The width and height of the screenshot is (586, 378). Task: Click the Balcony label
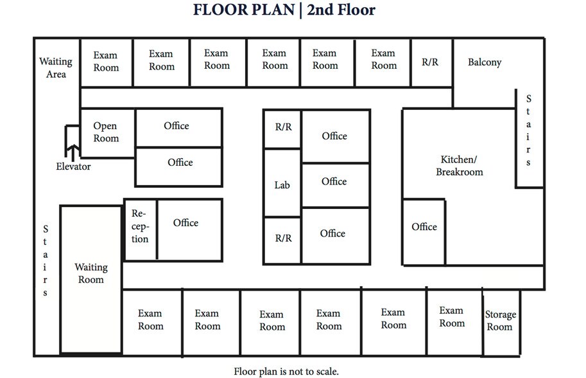[x=484, y=62]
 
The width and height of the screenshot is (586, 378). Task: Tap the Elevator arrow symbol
[x=73, y=152]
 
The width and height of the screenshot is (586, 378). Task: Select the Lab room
[x=282, y=184]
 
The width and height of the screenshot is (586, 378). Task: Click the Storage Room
[x=500, y=320]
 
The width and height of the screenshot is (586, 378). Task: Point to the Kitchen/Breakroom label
[x=459, y=165]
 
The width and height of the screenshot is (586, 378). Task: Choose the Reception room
[x=141, y=226]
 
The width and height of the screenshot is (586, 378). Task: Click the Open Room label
[x=106, y=132]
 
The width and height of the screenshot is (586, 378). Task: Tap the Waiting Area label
[x=56, y=67]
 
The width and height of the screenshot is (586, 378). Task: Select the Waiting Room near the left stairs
[x=90, y=273]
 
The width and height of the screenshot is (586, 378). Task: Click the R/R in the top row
[x=430, y=62]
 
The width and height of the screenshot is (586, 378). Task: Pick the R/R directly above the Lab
[x=283, y=127]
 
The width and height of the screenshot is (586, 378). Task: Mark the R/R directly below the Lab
[x=283, y=238]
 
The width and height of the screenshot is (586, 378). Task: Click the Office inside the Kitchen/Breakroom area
[x=424, y=227]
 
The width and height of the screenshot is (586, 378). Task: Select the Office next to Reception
[x=185, y=223]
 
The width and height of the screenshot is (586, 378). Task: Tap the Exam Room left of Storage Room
[x=451, y=316]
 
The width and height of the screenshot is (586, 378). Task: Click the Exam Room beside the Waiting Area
[x=106, y=61]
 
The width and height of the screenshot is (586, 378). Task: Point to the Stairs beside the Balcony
[x=528, y=131]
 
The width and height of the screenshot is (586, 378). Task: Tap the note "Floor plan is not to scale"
[x=286, y=371]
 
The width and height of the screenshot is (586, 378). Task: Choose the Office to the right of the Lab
[x=334, y=182]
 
